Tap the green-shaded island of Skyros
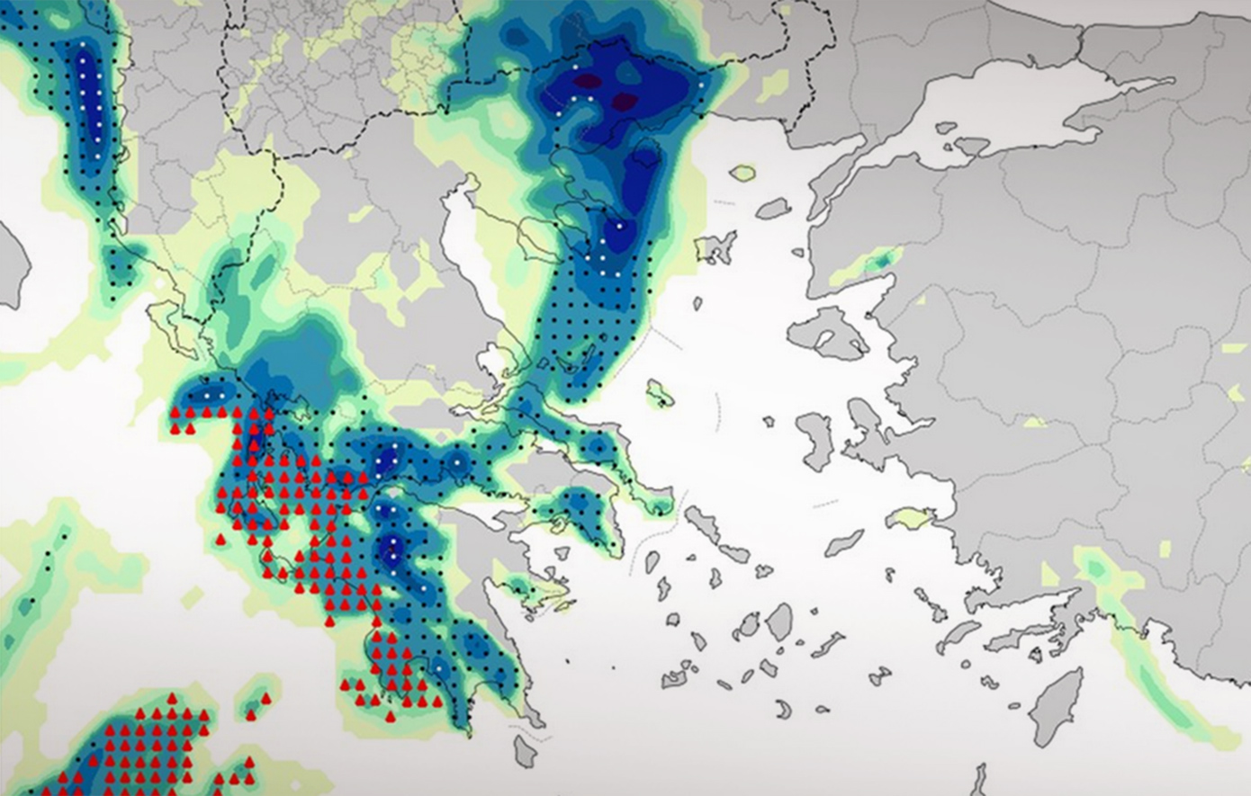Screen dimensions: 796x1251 (660, 394)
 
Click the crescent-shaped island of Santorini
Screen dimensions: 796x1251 (785, 710)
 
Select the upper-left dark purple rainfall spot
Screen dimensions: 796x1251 (586, 83)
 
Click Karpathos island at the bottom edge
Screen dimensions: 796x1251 (978, 779)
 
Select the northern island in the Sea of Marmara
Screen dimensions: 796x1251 (971, 146)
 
